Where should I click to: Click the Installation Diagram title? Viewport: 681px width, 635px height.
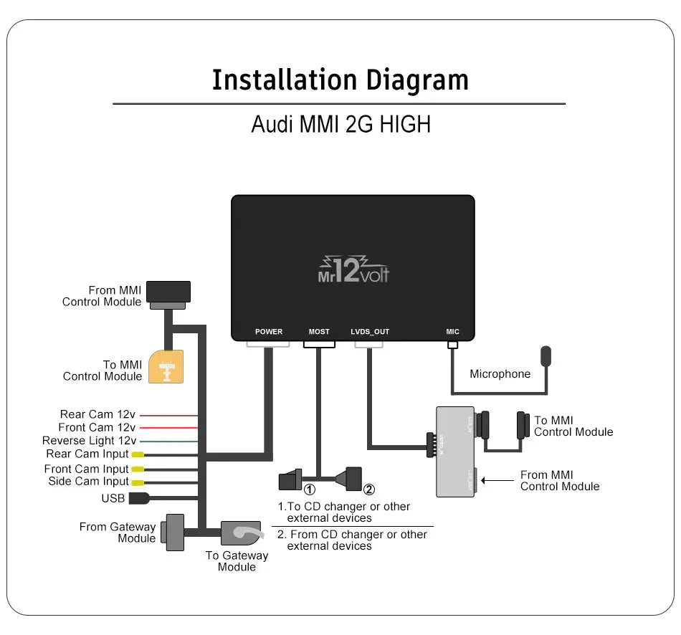340,80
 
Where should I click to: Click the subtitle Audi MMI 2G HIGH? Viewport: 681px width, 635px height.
340,124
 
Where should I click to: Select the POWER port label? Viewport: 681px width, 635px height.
269,332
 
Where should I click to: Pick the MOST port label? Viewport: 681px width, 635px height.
319,332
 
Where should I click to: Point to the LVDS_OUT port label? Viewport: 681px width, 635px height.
370,332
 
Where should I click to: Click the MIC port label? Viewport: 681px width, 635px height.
452,332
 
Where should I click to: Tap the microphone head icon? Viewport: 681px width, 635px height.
546,356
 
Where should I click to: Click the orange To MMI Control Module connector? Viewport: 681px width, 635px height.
166,367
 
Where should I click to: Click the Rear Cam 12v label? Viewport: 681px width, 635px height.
97,414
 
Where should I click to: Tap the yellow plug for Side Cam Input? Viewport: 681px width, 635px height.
137,482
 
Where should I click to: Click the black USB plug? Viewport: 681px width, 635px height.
138,498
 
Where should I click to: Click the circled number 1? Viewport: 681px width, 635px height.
310,490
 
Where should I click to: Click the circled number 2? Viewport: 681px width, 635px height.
369,490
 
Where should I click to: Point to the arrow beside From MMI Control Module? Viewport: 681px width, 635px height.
499,479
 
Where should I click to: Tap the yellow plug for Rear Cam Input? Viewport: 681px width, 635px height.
137,455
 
